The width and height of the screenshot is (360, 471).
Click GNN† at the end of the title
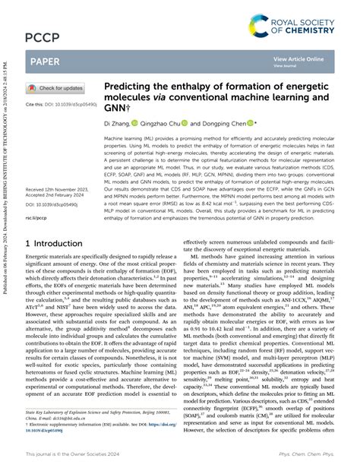pyautogui.click(x=114, y=109)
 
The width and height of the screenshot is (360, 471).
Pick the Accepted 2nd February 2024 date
pyautogui.click(x=58, y=194)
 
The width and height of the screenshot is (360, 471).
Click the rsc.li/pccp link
pyautogui.click(x=36, y=217)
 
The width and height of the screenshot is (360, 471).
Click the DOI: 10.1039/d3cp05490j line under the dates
pyautogui.click(x=57, y=204)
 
